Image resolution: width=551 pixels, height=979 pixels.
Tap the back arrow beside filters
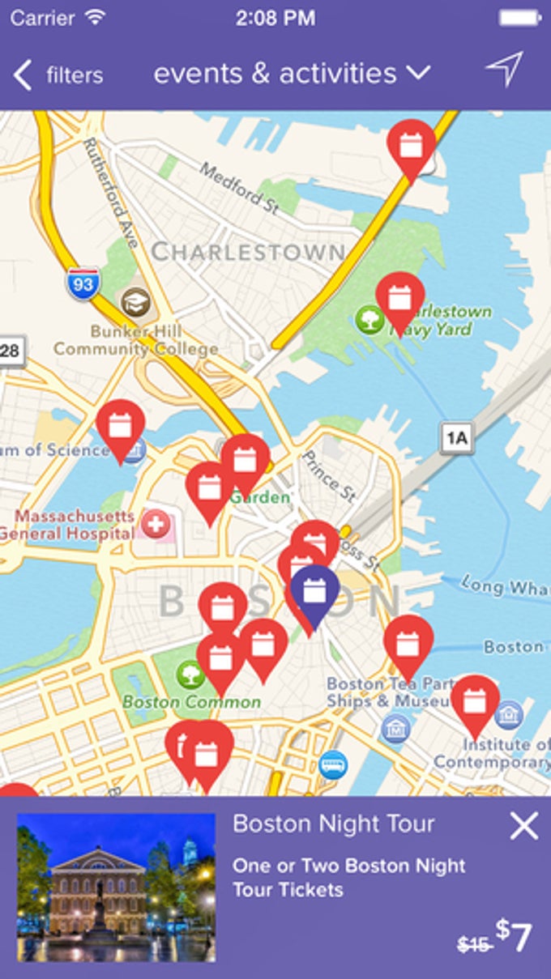[x=23, y=75]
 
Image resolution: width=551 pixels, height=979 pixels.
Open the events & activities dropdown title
[x=291, y=74]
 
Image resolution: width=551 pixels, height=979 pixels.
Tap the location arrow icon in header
[x=504, y=70]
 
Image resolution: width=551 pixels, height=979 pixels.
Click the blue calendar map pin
[x=314, y=594]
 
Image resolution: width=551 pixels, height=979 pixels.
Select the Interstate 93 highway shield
[x=83, y=284]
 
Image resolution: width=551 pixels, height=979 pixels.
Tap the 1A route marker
[x=456, y=438]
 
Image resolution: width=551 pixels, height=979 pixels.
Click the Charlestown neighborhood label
[x=248, y=252]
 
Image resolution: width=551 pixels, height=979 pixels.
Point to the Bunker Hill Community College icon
[x=135, y=303]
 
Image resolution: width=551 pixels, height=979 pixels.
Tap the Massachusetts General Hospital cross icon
[x=156, y=525]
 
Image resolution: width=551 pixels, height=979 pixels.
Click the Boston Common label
[x=192, y=701]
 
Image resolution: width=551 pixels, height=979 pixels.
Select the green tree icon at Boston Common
[x=190, y=673]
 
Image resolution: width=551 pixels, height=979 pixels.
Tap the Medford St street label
[x=239, y=188]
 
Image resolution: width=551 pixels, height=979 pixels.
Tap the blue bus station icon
[x=332, y=764]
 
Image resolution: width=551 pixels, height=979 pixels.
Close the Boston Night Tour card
[x=523, y=826]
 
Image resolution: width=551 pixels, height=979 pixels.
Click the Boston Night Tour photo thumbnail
[x=116, y=887]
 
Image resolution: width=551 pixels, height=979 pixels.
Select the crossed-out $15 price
[x=474, y=943]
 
